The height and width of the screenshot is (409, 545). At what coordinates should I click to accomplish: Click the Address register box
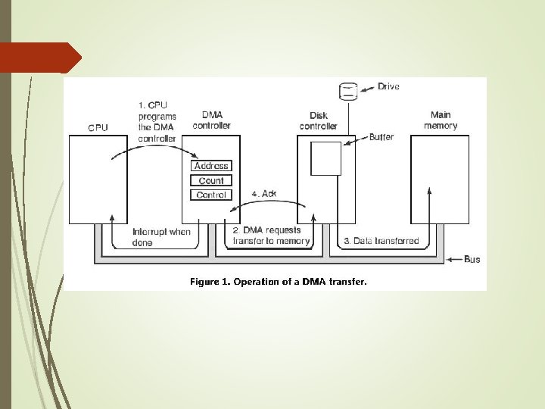pyautogui.click(x=211, y=166)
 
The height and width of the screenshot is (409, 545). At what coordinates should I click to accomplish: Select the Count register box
pyautogui.click(x=211, y=180)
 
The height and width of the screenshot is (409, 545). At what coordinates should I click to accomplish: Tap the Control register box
pyautogui.click(x=211, y=195)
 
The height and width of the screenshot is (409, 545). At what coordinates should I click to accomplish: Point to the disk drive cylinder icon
pyautogui.click(x=347, y=92)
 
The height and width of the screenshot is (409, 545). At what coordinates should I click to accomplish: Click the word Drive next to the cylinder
pyautogui.click(x=388, y=87)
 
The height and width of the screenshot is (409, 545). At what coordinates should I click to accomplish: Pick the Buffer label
pyautogui.click(x=381, y=137)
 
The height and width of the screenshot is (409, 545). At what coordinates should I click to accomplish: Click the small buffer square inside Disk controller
pyautogui.click(x=325, y=158)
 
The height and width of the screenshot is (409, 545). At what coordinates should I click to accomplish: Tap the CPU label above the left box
pyautogui.click(x=98, y=127)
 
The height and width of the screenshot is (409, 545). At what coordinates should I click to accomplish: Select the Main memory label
pyautogui.click(x=440, y=120)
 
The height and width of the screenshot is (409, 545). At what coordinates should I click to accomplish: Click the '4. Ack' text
pyautogui.click(x=263, y=193)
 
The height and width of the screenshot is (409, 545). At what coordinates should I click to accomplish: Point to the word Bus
pyautogui.click(x=472, y=260)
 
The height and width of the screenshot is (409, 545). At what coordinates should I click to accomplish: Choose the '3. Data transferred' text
pyautogui.click(x=381, y=241)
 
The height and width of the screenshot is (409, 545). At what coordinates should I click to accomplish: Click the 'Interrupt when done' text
pyautogui.click(x=161, y=236)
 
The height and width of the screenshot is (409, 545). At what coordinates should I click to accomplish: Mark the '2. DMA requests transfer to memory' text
pyautogui.click(x=271, y=236)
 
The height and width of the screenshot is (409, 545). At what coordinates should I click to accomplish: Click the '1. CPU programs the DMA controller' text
pyautogui.click(x=157, y=121)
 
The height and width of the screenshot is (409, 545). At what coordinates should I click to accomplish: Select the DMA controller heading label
pyautogui.click(x=211, y=120)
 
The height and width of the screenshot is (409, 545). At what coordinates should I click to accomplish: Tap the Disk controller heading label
pyautogui.click(x=319, y=120)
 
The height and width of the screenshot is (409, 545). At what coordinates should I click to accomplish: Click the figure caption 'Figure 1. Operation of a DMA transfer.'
pyautogui.click(x=278, y=282)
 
